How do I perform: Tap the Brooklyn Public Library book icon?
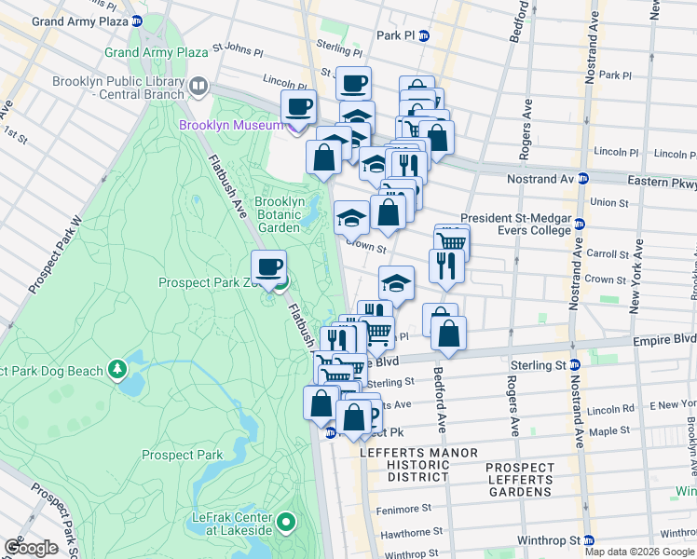[198, 88]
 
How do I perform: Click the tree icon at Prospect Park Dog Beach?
[117, 371]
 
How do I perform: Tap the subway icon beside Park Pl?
[423, 36]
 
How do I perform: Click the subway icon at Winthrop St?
[588, 539]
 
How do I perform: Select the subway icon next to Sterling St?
[575, 364]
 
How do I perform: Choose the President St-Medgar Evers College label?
[522, 224]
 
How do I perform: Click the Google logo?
[31, 547]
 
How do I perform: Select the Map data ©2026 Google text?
[638, 552]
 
